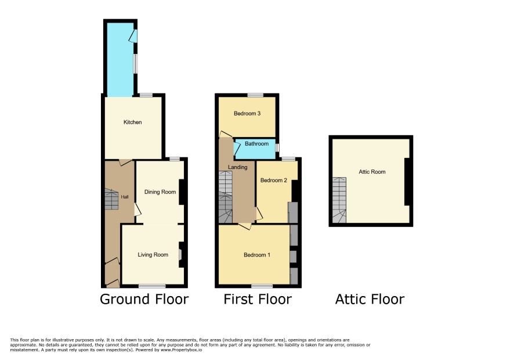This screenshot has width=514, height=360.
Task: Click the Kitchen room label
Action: [x=132, y=122]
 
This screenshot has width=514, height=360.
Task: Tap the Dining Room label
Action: [x=160, y=192]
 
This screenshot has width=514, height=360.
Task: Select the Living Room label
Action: [x=153, y=255]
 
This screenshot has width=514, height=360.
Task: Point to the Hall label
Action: [x=125, y=197]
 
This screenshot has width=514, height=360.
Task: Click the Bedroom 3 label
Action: [x=247, y=114]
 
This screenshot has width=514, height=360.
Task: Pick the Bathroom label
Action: [x=256, y=144]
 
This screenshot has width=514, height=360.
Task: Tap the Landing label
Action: [x=238, y=167]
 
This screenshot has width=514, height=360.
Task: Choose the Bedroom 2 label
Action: [x=274, y=180]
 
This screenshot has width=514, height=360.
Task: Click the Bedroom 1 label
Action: [x=257, y=255]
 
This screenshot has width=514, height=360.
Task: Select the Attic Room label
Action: [x=372, y=172]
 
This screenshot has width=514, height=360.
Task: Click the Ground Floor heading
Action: [x=144, y=299]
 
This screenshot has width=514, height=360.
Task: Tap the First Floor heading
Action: [x=258, y=299]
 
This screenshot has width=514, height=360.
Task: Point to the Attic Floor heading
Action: [x=370, y=299]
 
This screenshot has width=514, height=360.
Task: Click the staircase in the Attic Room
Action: [x=339, y=200]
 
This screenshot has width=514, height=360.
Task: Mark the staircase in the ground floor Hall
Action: [x=111, y=199]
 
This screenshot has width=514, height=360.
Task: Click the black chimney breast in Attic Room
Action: [x=407, y=182]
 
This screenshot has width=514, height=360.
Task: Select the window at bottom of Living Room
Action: [x=152, y=286]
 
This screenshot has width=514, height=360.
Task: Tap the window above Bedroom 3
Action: [x=255, y=95]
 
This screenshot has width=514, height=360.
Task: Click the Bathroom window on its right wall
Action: [x=277, y=147]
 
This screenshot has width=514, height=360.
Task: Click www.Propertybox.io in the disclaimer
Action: [x=181, y=350]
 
